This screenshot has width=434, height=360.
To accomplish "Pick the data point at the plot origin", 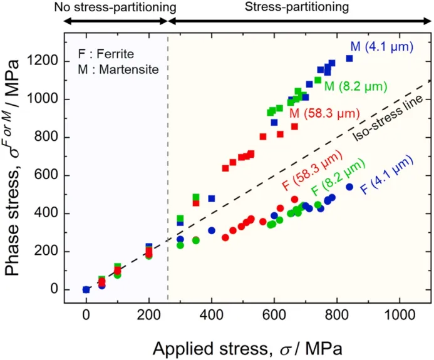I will click(86, 289).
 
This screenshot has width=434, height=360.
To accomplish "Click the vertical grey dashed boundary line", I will click(168, 188).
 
